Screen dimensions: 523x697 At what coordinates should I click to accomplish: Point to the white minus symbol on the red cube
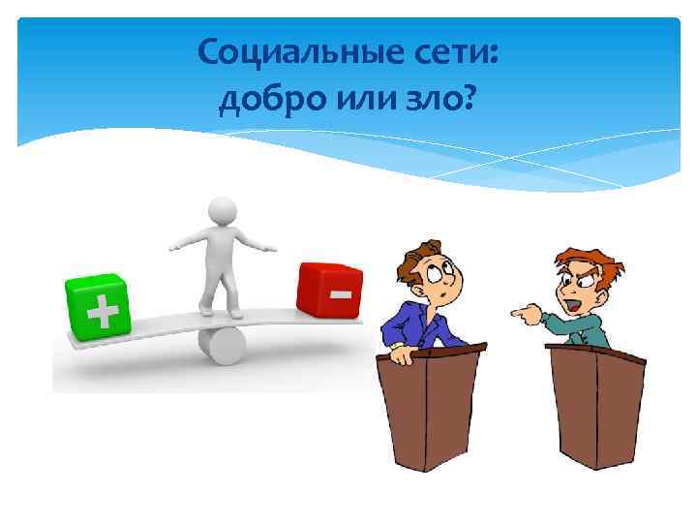(341, 292)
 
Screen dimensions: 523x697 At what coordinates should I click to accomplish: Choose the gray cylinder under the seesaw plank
(223, 345)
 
